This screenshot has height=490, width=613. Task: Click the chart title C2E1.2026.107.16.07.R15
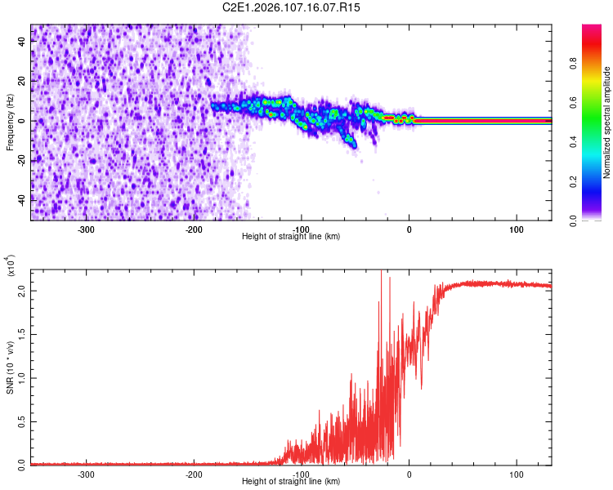[x=292, y=7]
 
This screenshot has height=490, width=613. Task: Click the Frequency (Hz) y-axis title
[x=10, y=121]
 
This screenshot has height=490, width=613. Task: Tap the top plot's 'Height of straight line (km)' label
[x=291, y=237]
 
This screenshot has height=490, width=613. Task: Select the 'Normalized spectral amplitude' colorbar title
[x=607, y=122]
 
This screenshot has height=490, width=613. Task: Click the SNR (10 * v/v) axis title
[x=10, y=367]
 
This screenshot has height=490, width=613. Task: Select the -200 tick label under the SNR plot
[x=194, y=474]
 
